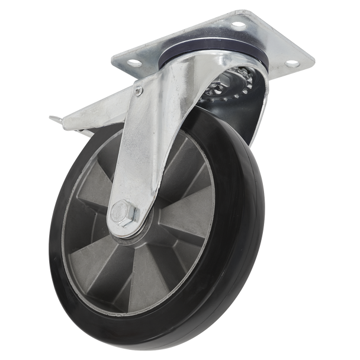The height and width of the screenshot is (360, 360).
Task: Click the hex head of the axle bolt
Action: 118,212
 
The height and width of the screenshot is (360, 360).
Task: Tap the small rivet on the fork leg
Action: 139,90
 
